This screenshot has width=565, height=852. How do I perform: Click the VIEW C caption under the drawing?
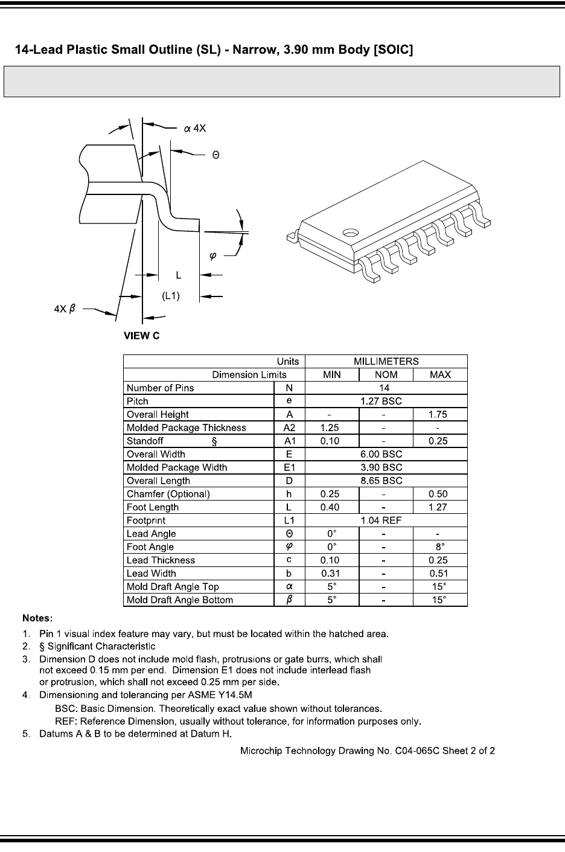(142, 336)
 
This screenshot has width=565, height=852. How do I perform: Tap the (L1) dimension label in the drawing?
(171, 296)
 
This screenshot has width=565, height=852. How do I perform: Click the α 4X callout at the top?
(195, 128)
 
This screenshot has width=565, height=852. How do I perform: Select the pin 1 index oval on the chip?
(350, 232)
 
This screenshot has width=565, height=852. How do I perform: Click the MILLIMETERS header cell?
(386, 361)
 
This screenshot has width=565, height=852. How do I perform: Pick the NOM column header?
(386, 374)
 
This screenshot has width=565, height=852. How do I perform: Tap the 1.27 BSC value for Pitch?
(386, 401)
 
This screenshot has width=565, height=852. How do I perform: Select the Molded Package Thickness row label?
(186, 428)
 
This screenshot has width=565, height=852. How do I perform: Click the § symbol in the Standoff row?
(214, 441)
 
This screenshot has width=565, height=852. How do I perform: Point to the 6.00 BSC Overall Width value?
(386, 454)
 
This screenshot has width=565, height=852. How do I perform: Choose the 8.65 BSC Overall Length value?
(386, 481)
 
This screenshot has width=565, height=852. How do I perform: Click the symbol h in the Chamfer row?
(289, 494)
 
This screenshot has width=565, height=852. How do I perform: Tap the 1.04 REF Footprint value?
(386, 520)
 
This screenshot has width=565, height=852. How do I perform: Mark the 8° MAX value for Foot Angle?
(440, 547)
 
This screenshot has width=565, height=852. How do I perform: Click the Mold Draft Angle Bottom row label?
(179, 600)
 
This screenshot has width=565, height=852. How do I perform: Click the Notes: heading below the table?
(37, 618)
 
